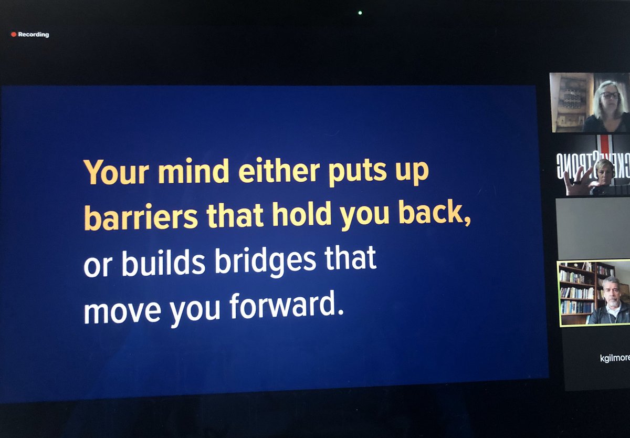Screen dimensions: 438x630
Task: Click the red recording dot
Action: pos(14,35)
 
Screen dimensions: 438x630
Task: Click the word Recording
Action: pos(34,35)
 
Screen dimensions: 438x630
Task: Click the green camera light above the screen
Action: pos(360,13)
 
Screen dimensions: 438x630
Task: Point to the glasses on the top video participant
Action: pos(610,96)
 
